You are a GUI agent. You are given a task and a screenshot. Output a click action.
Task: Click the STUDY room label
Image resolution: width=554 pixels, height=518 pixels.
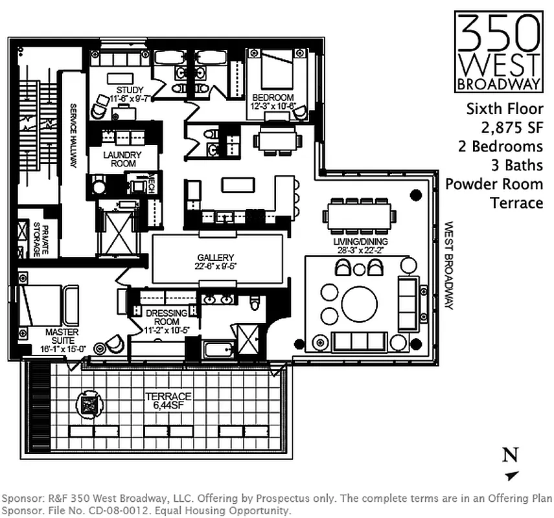[130, 89]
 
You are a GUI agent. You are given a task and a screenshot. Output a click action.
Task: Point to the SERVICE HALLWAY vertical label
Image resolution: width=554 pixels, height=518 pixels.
[73, 136]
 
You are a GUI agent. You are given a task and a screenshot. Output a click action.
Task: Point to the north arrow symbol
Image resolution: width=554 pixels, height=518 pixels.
[512, 476]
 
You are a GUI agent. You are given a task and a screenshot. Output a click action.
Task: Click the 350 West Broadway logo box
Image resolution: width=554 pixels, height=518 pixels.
[498, 52]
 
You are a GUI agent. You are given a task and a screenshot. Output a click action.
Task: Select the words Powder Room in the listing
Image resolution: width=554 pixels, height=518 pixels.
[494, 183]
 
